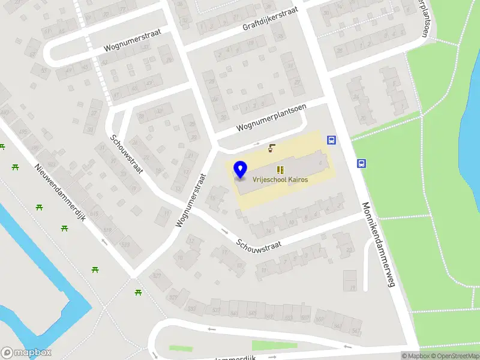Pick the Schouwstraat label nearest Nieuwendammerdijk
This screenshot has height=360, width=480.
pyautogui.click(x=125, y=154)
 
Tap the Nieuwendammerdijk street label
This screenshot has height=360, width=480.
pyautogui.click(x=61, y=192)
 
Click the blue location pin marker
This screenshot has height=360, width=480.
pyautogui.click(x=241, y=169)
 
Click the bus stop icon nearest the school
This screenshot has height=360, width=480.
pyautogui.click(x=331, y=140)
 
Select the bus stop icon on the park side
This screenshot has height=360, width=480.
pyautogui.click(x=362, y=164)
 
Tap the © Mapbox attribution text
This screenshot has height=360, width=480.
pyautogui.click(x=416, y=356)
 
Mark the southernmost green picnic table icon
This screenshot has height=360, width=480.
pyautogui.click(x=138, y=292)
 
